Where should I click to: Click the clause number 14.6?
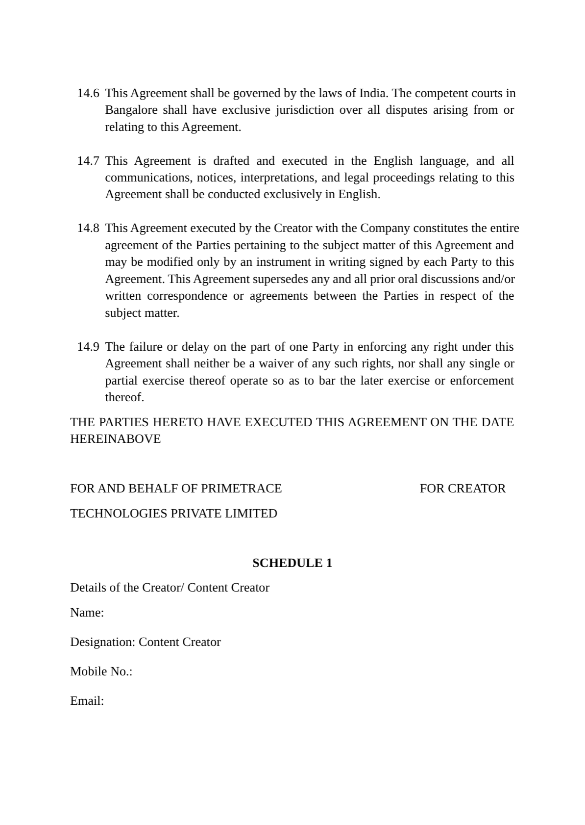[x=88, y=93]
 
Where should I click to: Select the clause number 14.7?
[x=88, y=161]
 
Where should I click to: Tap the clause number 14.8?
[x=88, y=228]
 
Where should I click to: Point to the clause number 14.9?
[x=88, y=347]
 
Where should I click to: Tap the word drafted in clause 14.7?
[x=231, y=161]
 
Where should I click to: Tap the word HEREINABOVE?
[x=115, y=439]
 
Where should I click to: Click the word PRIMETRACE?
[x=242, y=489]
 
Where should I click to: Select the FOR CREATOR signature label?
[x=463, y=489]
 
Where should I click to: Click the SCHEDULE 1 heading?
[x=292, y=563]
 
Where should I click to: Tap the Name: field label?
[x=87, y=613]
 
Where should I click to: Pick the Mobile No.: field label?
[x=101, y=671]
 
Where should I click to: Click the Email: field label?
[x=87, y=701]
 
